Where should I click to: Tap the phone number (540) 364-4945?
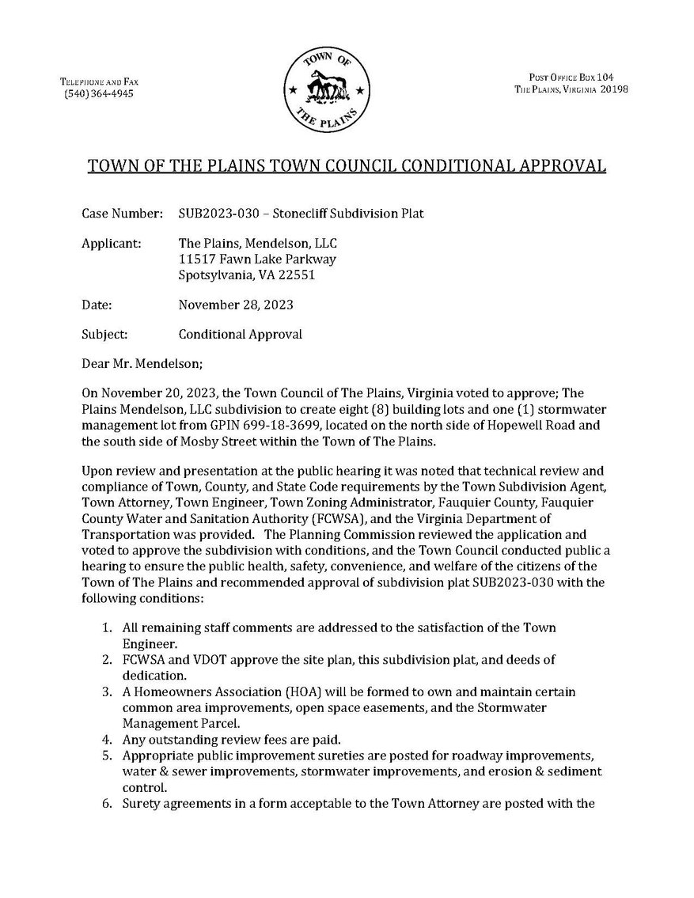tap(99, 93)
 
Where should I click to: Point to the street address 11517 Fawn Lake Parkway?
tap(257, 260)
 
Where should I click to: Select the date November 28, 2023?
tap(229, 305)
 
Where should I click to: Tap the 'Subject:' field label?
tap(104, 334)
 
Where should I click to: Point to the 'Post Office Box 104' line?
tap(571, 77)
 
